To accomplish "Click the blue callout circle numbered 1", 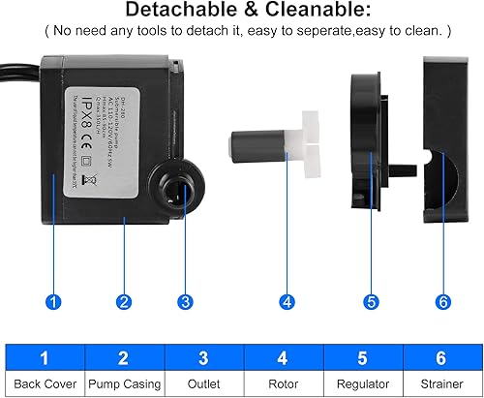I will click(55, 301).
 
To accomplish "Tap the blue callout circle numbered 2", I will click(124, 301).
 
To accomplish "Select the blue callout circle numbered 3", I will click(184, 301).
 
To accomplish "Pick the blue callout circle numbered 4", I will click(287, 301).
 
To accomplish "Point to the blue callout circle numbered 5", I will click(371, 301).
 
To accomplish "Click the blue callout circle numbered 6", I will click(442, 301).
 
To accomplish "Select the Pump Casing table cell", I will click(124, 383).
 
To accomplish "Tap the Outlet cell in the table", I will click(202, 383).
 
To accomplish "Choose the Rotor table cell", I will click(281, 383).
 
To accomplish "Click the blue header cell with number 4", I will click(281, 357).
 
